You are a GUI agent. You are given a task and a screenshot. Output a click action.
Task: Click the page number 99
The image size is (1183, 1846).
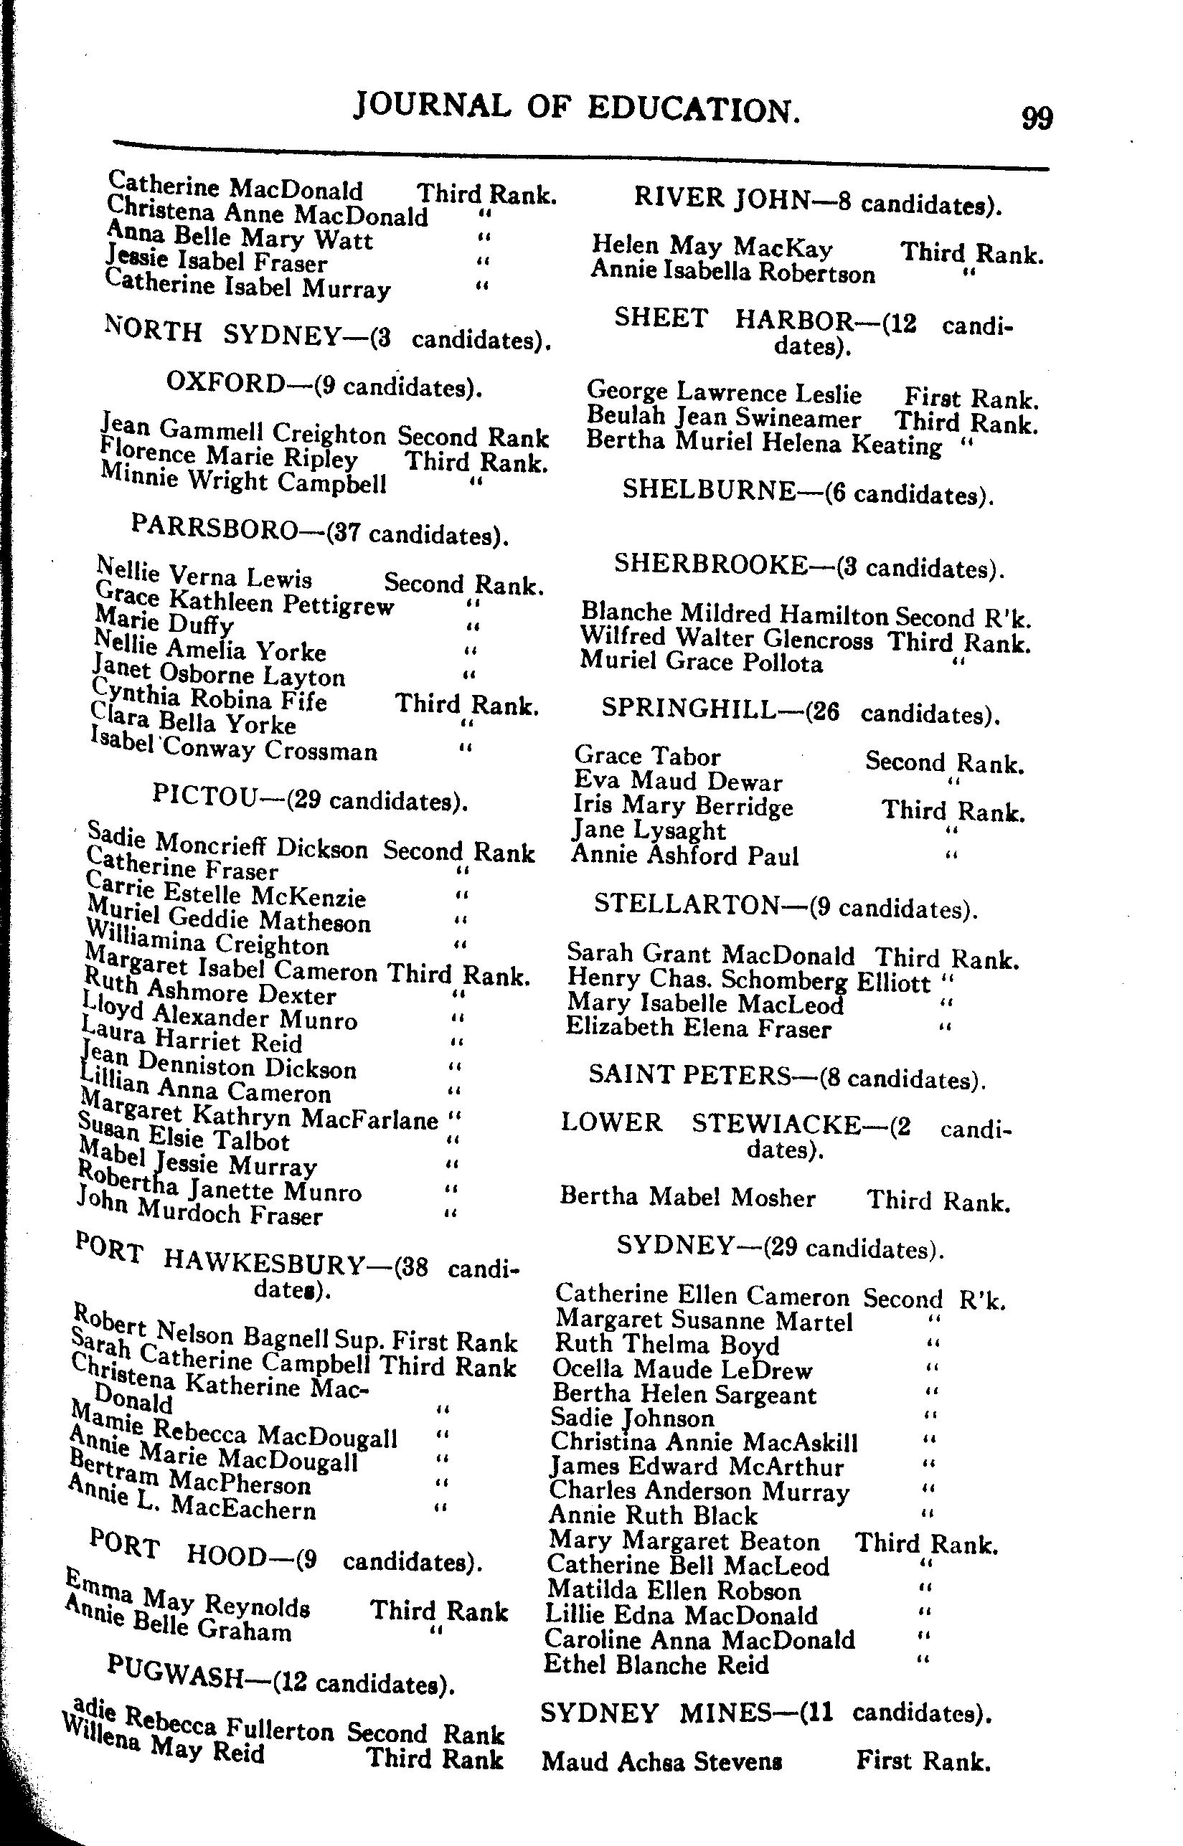pos(1036,119)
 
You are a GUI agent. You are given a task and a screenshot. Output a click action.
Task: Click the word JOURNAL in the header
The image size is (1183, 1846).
pos(432,107)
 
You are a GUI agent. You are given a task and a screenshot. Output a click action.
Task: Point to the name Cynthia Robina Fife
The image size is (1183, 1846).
pos(209,696)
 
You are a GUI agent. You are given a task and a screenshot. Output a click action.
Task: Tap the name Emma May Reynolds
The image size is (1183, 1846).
pos(188,1596)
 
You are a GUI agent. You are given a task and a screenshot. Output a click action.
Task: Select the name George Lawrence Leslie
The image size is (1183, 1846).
pos(724,392)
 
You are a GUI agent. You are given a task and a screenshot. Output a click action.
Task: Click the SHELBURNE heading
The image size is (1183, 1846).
pos(708,489)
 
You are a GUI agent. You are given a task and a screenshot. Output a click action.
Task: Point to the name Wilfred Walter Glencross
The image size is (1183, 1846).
pos(726,638)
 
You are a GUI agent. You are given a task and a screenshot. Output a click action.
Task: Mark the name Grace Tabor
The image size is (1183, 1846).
pos(647,756)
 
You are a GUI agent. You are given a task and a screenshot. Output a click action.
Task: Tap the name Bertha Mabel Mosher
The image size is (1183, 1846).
pos(687,1196)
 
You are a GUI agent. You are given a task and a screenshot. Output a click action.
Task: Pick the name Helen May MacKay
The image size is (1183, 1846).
pos(712,247)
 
